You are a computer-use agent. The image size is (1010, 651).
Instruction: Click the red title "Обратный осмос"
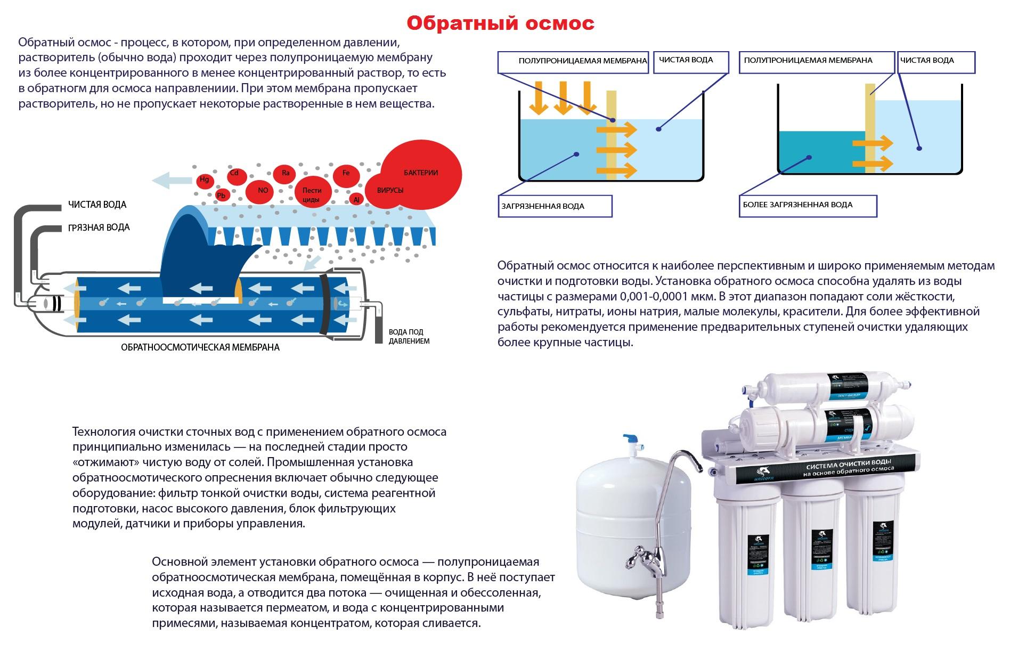[x=500, y=23]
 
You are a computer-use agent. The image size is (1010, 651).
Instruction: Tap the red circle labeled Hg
[x=204, y=180]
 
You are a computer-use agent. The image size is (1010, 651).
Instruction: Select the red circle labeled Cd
[x=234, y=174]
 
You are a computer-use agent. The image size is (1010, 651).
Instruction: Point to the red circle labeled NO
[x=263, y=191]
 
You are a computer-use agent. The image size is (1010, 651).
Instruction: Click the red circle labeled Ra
[x=285, y=173]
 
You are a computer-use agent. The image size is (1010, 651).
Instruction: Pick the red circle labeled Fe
[x=346, y=173]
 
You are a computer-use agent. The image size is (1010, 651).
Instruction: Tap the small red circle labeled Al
[x=356, y=199]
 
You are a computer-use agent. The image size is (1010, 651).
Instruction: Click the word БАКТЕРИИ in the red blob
[x=421, y=173]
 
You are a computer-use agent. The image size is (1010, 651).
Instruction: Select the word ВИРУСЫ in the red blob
[x=390, y=190]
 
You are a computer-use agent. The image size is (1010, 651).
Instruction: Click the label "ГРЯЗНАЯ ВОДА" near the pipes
[x=99, y=227]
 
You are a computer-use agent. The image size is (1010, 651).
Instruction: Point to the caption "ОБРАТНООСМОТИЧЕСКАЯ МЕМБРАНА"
[x=200, y=347]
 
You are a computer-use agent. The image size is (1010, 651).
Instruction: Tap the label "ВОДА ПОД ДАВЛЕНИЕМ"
[x=409, y=337]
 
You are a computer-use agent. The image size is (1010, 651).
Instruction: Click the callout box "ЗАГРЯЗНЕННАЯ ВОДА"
[x=555, y=206]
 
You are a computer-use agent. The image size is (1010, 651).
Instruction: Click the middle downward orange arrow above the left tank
[x=563, y=98]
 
